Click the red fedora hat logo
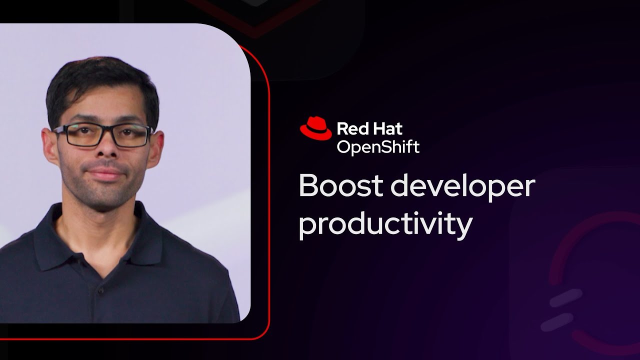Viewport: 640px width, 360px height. click(315, 128)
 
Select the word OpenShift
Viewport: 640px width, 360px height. click(378, 147)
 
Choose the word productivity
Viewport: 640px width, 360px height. click(385, 224)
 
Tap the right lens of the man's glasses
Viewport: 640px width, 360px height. click(131, 136)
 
